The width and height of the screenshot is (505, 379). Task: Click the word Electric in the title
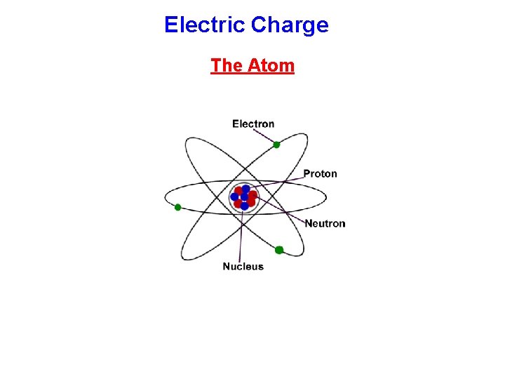pyautogui.click(x=204, y=25)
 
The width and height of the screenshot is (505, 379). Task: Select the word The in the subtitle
pyautogui.click(x=226, y=65)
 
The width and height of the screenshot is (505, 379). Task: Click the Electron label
pyautogui.click(x=253, y=124)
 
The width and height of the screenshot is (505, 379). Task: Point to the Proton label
pyautogui.click(x=320, y=173)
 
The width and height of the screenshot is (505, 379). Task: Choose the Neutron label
pyautogui.click(x=325, y=223)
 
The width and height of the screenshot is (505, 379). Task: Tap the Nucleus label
pyautogui.click(x=243, y=266)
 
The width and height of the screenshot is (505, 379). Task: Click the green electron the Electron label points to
pyautogui.click(x=276, y=145)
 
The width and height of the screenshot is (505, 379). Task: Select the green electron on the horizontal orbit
pyautogui.click(x=178, y=207)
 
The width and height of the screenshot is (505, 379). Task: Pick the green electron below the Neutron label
pyautogui.click(x=279, y=250)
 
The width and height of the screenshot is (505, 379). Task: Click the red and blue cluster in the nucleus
pyautogui.click(x=244, y=197)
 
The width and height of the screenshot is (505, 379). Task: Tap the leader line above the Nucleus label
pyautogui.click(x=242, y=239)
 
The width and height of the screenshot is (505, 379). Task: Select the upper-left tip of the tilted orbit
pyautogui.click(x=187, y=140)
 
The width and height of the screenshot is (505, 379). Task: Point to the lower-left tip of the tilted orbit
pyautogui.click(x=183, y=257)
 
